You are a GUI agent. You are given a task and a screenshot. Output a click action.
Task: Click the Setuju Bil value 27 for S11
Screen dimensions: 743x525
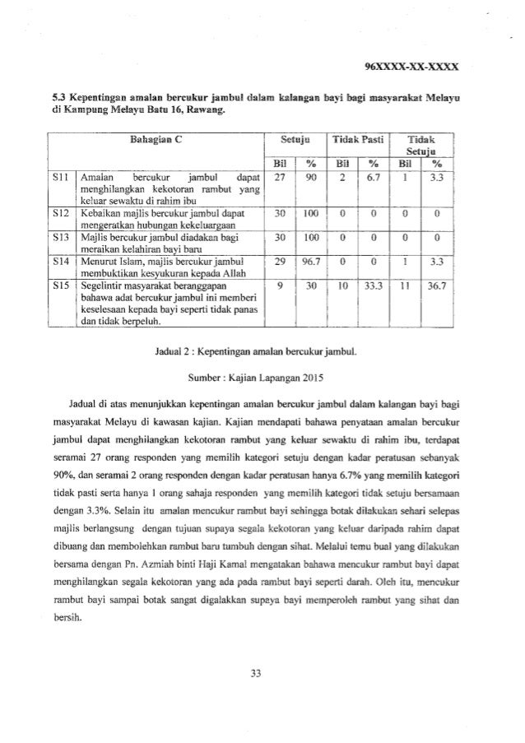click(278, 176)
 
